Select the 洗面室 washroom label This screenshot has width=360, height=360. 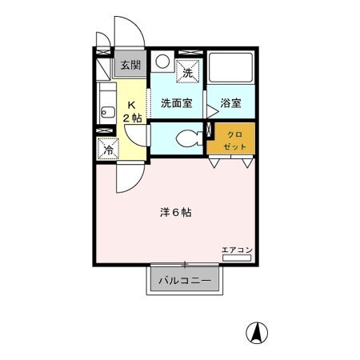[176, 102]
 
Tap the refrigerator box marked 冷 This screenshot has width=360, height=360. [107, 148]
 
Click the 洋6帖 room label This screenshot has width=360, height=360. [174, 213]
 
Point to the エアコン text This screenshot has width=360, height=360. [238, 250]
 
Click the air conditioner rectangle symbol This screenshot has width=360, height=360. [238, 258]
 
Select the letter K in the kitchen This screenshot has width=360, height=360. [132, 104]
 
